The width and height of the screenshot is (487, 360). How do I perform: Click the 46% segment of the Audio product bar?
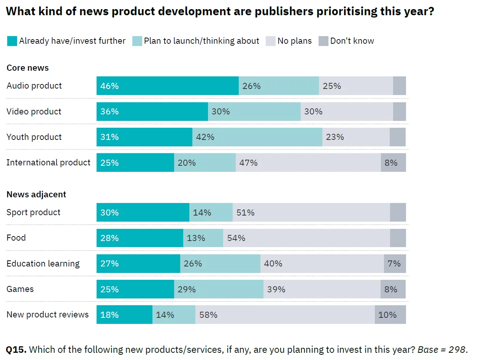(x=167, y=86)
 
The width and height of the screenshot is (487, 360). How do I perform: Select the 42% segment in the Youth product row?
(x=257, y=137)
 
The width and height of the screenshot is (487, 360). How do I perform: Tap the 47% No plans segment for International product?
(x=308, y=163)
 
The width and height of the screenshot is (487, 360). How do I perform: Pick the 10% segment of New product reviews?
(x=390, y=315)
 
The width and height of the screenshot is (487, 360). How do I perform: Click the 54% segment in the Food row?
(x=306, y=238)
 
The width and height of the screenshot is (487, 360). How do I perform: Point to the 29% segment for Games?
(x=219, y=289)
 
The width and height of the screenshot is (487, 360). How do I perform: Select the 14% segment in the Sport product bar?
(x=211, y=213)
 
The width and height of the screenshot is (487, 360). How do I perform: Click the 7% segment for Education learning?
(x=395, y=264)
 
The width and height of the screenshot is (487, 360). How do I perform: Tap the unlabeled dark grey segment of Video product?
(x=399, y=111)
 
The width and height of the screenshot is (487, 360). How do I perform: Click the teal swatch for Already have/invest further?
(x=12, y=41)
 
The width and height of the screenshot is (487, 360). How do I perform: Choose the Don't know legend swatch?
(x=323, y=41)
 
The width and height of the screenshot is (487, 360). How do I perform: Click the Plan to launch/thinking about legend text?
(x=201, y=41)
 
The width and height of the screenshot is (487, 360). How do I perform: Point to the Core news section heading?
(x=28, y=68)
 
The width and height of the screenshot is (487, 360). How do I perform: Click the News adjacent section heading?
(x=36, y=195)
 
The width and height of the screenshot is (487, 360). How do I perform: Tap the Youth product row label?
(x=34, y=137)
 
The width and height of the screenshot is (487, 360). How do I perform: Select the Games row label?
(x=20, y=289)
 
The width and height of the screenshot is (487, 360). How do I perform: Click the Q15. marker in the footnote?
(x=16, y=350)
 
